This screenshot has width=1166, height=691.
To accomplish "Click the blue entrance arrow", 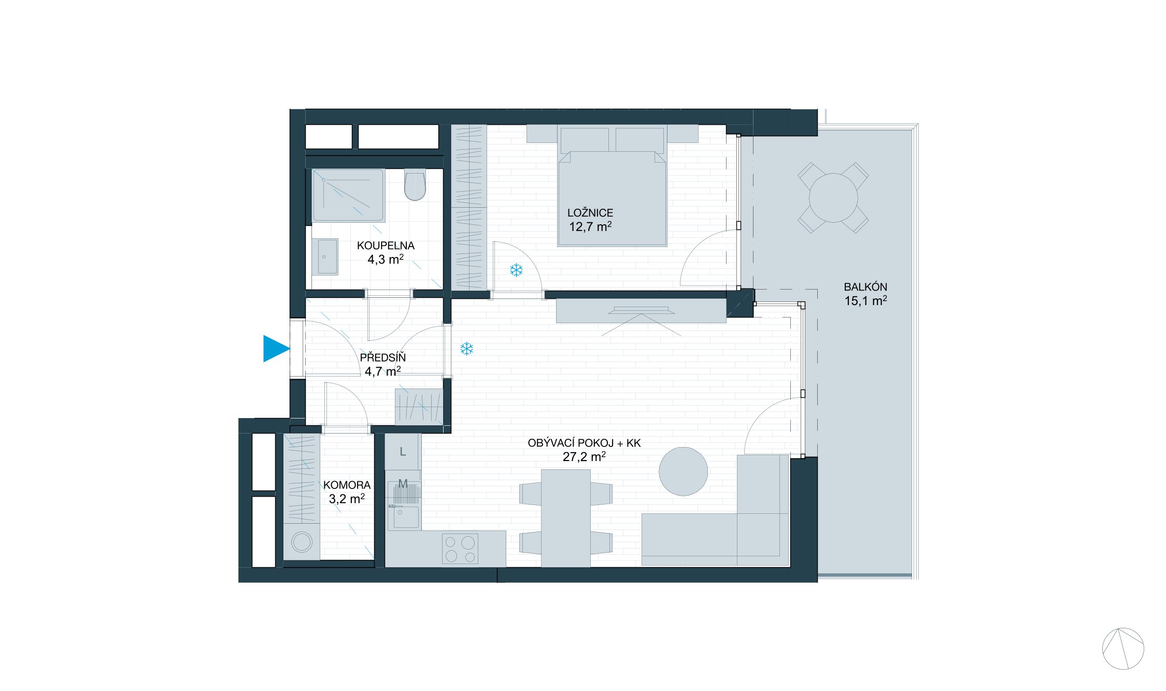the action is coord(275,349).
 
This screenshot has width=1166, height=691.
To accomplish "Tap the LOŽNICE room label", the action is coord(590,213).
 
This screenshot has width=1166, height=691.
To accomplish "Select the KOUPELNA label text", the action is coord(386,246).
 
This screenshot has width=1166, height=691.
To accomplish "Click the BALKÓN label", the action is coord(865,287).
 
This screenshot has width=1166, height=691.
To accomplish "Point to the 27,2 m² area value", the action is coord(584,457).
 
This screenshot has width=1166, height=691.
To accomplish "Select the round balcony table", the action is coord(833,198).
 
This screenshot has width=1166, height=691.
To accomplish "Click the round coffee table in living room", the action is coord(683,471).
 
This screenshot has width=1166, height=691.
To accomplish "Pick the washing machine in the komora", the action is coord(302,542).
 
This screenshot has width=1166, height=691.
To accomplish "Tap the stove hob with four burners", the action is coord(460,549).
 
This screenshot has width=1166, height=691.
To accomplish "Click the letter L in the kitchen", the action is coord(403,452).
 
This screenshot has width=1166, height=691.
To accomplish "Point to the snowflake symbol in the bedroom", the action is coord(516,270).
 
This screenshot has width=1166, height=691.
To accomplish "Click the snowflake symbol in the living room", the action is coord(466,349).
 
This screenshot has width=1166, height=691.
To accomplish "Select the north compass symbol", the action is coord(1122,649).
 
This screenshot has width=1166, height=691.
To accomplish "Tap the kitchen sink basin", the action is coord(405,517).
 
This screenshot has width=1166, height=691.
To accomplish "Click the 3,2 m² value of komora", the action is coord(347,499).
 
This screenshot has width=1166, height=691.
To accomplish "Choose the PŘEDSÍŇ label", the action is coord(382,357).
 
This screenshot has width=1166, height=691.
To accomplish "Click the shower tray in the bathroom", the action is coord(348,195).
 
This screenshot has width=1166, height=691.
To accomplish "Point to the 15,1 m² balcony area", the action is coord(865,301).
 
